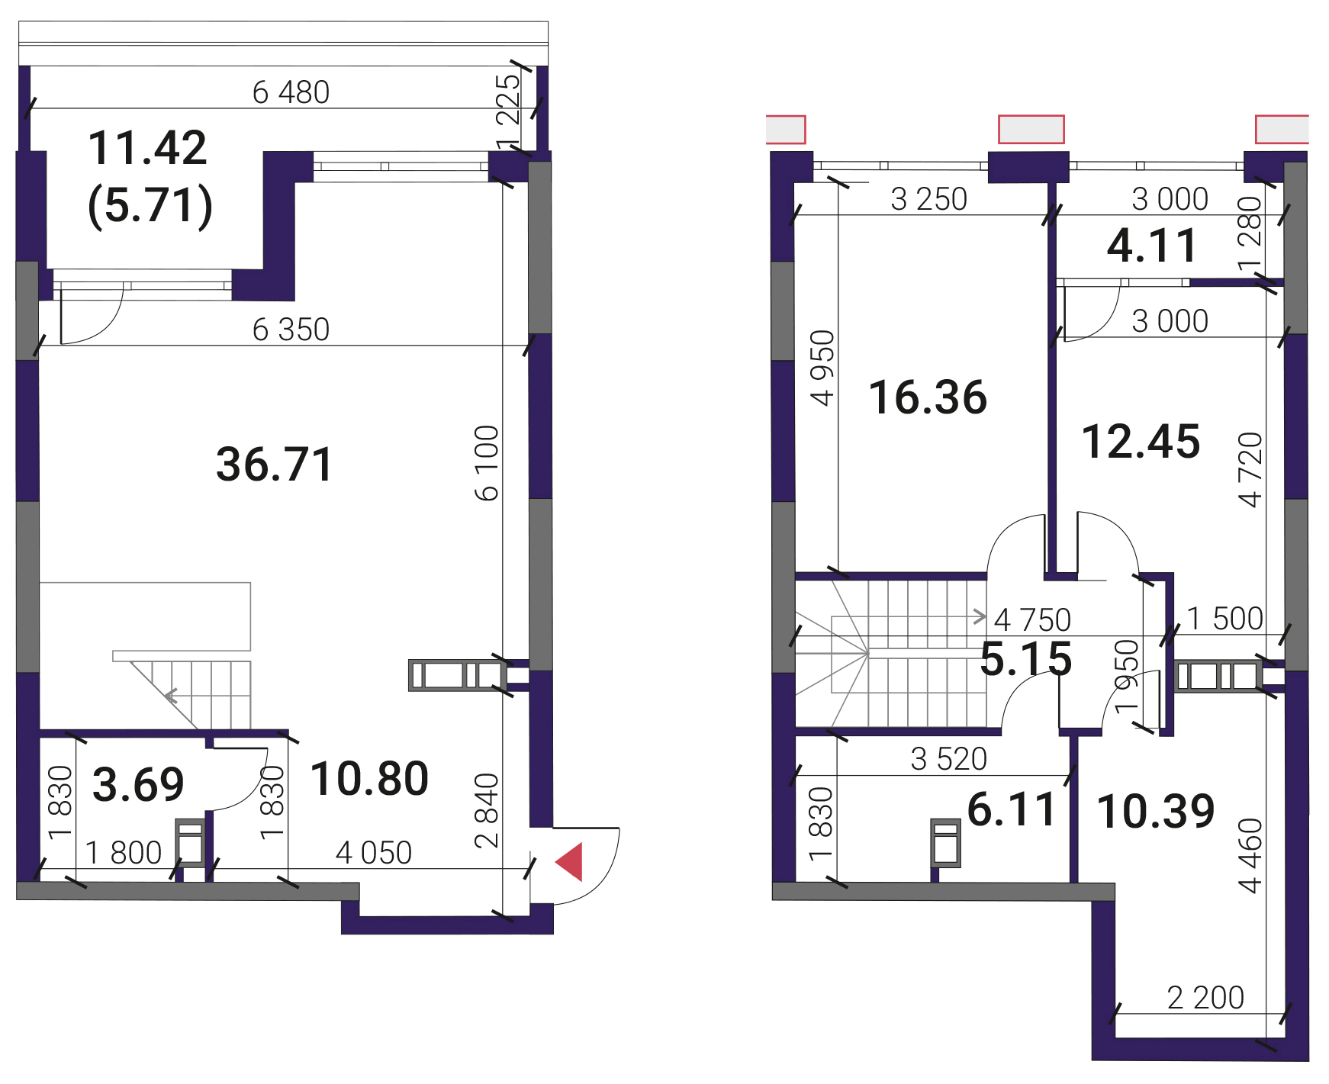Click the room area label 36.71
275,464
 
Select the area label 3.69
138,784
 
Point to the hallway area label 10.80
369,779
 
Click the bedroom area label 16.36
928,397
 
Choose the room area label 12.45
1141,442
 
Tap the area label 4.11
1152,246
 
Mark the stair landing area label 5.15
1026,659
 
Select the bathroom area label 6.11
1012,809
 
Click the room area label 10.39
1156,811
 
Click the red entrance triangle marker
569,862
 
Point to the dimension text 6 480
291,92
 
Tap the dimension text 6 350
291,330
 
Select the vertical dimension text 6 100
487,463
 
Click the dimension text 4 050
374,853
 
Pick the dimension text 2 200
1205,998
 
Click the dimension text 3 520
949,759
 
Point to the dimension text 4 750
1033,620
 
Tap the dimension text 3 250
929,199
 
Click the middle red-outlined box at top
1031,129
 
